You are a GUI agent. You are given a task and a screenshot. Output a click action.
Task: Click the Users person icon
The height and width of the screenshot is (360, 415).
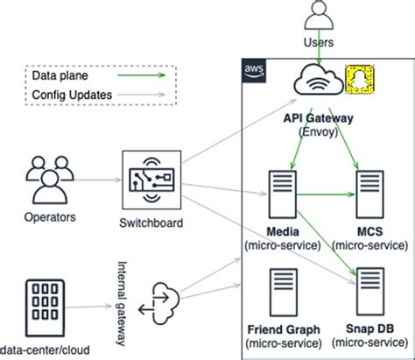(318, 16)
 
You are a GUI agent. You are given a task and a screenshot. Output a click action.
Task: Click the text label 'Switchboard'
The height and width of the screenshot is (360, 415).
(152, 222)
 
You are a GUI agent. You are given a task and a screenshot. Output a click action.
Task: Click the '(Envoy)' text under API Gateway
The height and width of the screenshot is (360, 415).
(320, 130)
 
